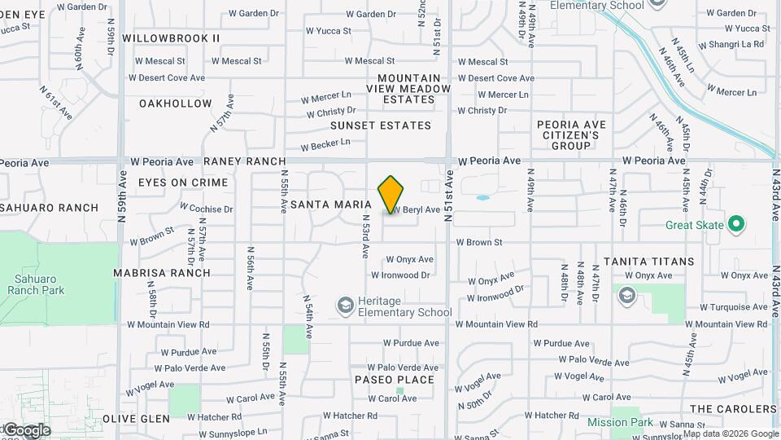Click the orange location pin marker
(x=390, y=194)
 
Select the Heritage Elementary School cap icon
(x=346, y=306)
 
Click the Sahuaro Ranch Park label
(x=35, y=284)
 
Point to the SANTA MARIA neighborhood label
(x=331, y=205)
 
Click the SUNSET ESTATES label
(x=381, y=125)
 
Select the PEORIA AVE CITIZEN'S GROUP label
(x=571, y=134)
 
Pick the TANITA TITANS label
(x=648, y=262)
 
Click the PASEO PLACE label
(x=395, y=380)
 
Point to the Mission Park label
(x=620, y=422)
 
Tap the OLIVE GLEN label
(x=137, y=419)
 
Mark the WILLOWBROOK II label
(x=171, y=38)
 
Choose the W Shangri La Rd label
(x=732, y=44)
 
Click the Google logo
(x=26, y=430)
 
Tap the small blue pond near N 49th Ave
(x=482, y=197)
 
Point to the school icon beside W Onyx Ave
(x=626, y=295)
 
